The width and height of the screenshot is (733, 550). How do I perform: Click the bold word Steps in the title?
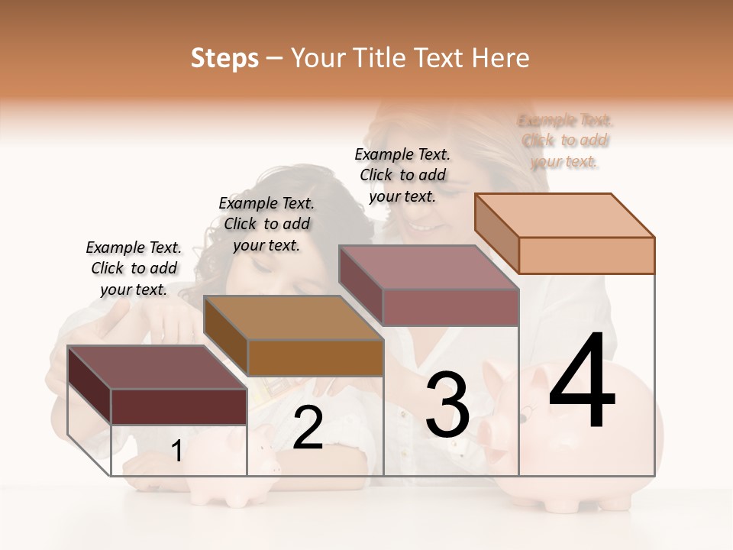pyautogui.click(x=224, y=58)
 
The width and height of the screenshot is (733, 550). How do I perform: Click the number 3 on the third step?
pyautogui.click(x=447, y=404)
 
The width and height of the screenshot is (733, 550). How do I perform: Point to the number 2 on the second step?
pyautogui.click(x=308, y=428)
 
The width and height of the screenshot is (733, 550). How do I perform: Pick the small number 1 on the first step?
pyautogui.click(x=177, y=451)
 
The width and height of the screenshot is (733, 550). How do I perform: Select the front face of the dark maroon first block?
pyautogui.click(x=179, y=406)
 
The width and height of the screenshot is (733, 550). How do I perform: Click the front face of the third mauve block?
pyautogui.click(x=450, y=307)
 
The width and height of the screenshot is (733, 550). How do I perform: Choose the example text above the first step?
pyautogui.click(x=134, y=268)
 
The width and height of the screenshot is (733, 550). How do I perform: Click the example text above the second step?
pyautogui.click(x=266, y=224)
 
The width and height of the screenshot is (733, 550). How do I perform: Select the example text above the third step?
pyautogui.click(x=402, y=175)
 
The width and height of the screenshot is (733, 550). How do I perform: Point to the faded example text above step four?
pyautogui.click(x=565, y=141)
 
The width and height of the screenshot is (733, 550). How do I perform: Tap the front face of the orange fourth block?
pyautogui.click(x=586, y=255)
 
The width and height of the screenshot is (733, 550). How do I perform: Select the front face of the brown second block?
pyautogui.click(x=315, y=357)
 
